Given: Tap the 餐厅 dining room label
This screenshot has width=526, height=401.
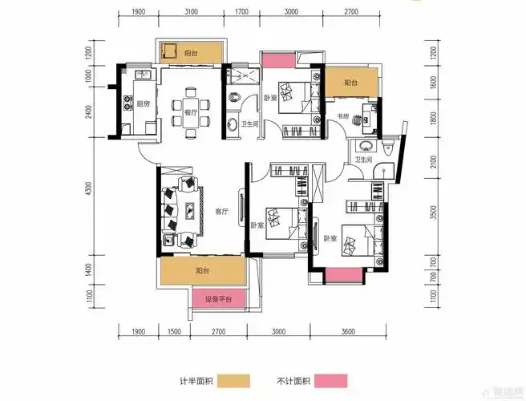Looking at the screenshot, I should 190,113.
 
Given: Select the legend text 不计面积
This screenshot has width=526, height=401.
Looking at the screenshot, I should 293,380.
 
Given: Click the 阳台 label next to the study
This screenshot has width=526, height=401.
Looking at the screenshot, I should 350,83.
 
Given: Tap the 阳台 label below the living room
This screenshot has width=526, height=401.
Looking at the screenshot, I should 202,271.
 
